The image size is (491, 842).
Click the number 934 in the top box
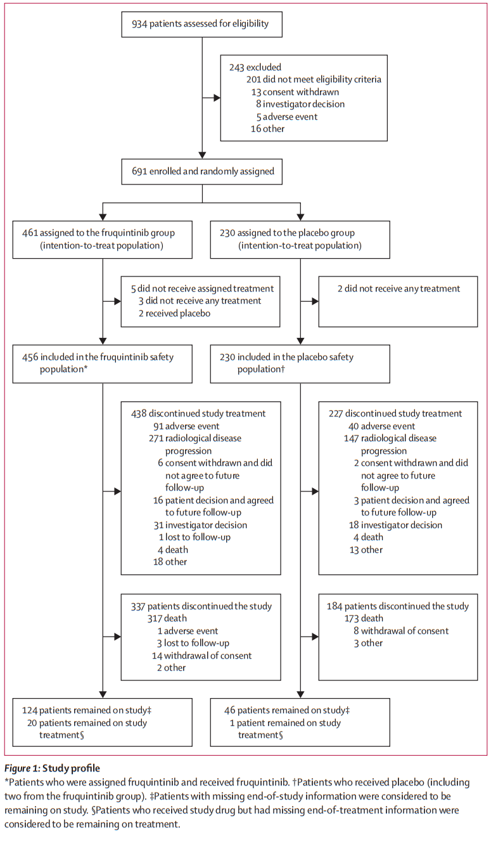pos(139,24)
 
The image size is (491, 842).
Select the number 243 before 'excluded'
pos(237,68)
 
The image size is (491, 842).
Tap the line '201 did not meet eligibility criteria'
pos(314,80)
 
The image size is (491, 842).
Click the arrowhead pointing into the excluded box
pos(217,98)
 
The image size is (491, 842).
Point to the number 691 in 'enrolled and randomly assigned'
pos(139,171)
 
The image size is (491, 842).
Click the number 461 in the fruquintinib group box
pos(30,233)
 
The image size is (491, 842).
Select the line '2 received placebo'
pos(174,313)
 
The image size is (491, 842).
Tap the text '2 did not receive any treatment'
pos(399,288)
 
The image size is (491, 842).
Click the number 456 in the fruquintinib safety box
pos(30,357)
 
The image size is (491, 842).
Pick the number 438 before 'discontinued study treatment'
pos(139,414)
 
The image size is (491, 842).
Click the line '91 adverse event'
pos(186,426)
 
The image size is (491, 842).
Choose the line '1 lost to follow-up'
pos(194,538)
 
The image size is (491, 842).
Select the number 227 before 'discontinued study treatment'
pos(336,414)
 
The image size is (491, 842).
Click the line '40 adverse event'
pos(381,426)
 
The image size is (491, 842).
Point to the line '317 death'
pos(167,618)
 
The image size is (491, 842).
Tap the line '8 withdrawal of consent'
pos(401,631)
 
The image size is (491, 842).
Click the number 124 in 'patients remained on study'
pos(30,710)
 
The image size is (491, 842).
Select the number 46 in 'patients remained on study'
pos(229,710)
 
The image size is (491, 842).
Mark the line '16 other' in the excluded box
pos(267,129)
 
